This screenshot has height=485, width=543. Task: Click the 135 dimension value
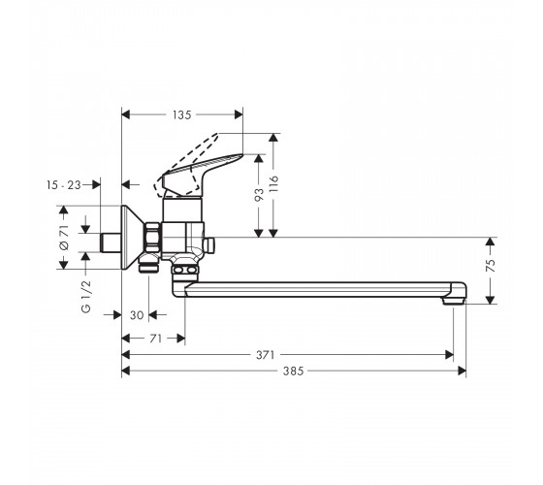pyautogui.click(x=182, y=114)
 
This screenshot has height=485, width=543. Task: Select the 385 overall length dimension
pyautogui.click(x=293, y=371)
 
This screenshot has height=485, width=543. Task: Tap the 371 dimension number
pyautogui.click(x=265, y=355)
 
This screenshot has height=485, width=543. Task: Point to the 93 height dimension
pyautogui.click(x=259, y=194)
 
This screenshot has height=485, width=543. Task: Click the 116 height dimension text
pyautogui.click(x=273, y=184)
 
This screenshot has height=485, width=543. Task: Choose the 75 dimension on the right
pyautogui.click(x=491, y=265)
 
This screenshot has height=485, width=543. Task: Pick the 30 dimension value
pyautogui.click(x=137, y=315)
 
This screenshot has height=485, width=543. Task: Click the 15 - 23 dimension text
pyautogui.click(x=64, y=185)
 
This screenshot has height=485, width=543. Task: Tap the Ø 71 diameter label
pyautogui.click(x=64, y=238)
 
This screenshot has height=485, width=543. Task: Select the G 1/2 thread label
pyautogui.click(x=86, y=297)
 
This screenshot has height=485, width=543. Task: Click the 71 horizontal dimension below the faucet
pyautogui.click(x=155, y=339)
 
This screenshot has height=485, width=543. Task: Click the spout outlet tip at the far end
pyautogui.click(x=453, y=302)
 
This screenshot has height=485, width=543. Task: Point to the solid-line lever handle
pyautogui.click(x=200, y=174)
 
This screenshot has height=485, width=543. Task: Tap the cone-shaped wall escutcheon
pyautogui.click(x=133, y=238)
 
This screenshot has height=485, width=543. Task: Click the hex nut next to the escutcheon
pyautogui.click(x=153, y=238)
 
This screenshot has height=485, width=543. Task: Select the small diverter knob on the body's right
pyautogui.click(x=209, y=244)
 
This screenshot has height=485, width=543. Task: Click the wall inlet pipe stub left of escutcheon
pyautogui.click(x=111, y=242)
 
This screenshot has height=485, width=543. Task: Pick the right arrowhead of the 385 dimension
pyautogui.click(x=462, y=371)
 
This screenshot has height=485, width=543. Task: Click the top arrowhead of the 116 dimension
pyautogui.click(x=273, y=137)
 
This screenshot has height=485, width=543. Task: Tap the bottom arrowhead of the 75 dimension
pyautogui.click(x=491, y=300)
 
